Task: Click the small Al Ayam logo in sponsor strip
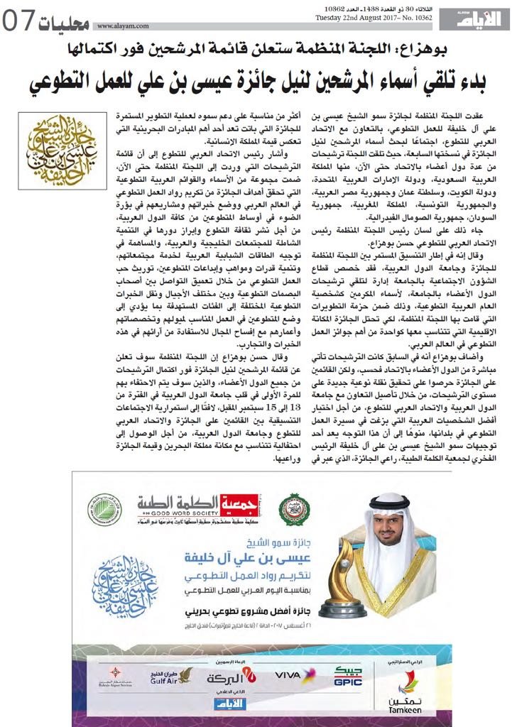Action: click(x=226, y=702)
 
